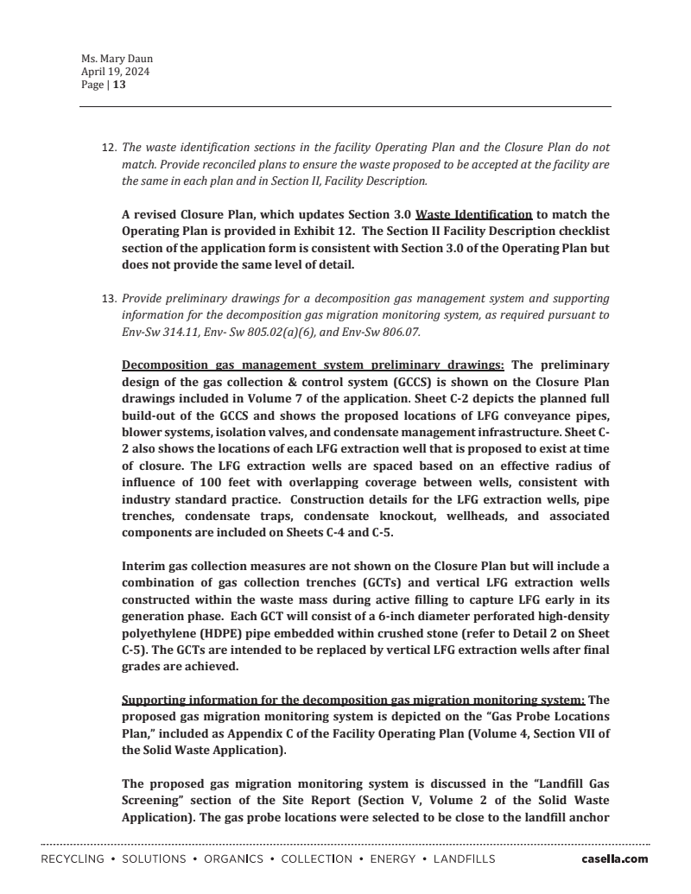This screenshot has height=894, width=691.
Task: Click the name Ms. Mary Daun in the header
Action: tap(117, 60)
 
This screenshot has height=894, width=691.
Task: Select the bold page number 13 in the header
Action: tap(119, 86)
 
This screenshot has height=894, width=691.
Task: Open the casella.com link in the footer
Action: tap(614, 859)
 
